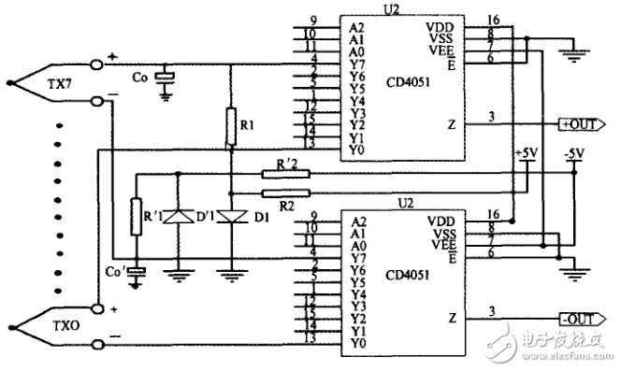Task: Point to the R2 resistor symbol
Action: [286, 193]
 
